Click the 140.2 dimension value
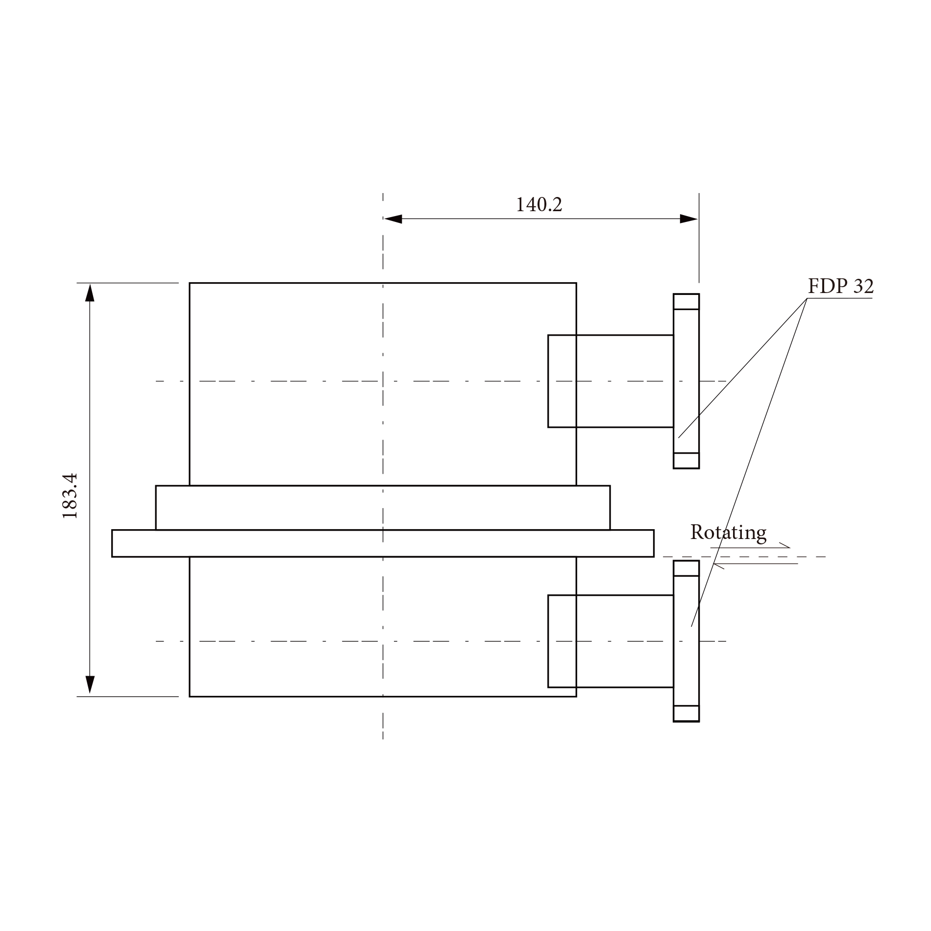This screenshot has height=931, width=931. (539, 205)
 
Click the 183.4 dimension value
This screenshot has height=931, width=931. (70, 496)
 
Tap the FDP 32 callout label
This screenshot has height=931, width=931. (840, 286)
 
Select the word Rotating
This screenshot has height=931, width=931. (728, 533)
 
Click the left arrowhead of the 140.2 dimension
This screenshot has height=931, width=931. (393, 219)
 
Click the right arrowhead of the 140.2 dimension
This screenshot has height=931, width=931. (688, 219)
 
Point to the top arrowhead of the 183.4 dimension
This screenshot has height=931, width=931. (90, 293)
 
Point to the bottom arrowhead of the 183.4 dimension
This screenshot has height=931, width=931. (90, 685)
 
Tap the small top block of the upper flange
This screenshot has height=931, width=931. (686, 302)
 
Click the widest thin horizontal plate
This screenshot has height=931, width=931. (382, 543)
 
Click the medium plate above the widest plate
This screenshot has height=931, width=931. (382, 508)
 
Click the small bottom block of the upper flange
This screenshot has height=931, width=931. (686, 461)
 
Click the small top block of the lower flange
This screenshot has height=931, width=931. (686, 568)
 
